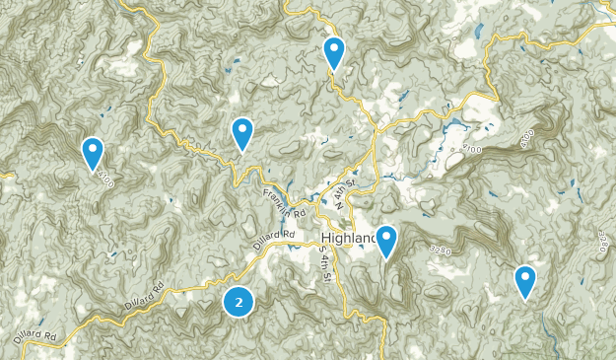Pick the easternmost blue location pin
(525, 281)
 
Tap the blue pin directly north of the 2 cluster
(242, 133)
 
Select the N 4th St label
(342, 199)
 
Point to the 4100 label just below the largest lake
(469, 148)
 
